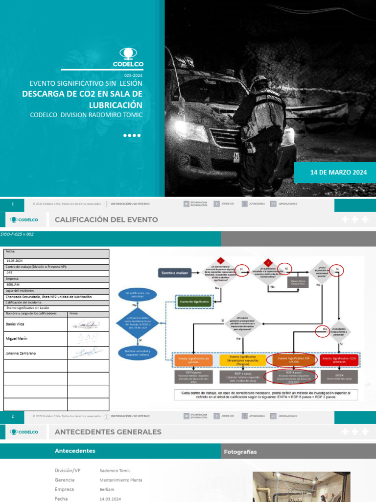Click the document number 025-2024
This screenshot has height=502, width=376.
[133, 75]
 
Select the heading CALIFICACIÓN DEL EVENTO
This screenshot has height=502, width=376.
[106, 220]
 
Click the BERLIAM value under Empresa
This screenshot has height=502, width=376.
[13, 284]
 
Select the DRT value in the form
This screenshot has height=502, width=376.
[10, 272]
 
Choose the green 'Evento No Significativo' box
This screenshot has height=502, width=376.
[194, 302]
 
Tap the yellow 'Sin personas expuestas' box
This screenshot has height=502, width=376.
[243, 360]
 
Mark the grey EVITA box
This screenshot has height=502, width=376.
[339, 376]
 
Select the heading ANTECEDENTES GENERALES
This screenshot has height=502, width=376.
[108, 432]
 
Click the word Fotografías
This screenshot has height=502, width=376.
[240, 452]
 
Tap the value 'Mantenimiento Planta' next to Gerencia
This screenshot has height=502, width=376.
[120, 480]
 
